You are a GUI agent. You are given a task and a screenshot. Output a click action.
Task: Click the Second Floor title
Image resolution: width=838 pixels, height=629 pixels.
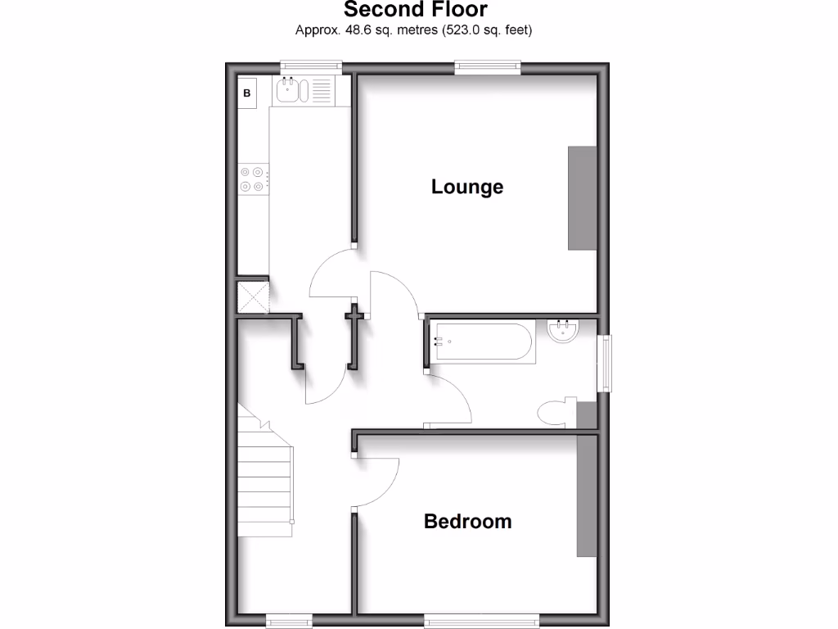tap(415, 10)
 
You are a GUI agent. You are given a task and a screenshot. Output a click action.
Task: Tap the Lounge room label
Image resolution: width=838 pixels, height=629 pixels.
tap(467, 187)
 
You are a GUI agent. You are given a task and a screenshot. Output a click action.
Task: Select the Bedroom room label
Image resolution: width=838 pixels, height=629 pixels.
tap(467, 521)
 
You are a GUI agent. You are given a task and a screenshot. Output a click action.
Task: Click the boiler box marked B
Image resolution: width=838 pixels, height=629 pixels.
tap(246, 93)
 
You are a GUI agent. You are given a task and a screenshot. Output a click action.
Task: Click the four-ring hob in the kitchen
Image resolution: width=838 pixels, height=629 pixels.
tap(252, 179)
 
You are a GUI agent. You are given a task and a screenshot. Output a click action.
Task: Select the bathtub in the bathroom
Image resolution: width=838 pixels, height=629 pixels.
tap(484, 342)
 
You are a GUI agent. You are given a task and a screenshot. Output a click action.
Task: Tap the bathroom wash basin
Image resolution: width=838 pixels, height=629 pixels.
tap(563, 332)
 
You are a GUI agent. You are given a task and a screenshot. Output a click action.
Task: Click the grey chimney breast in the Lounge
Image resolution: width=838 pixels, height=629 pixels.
tap(582, 197)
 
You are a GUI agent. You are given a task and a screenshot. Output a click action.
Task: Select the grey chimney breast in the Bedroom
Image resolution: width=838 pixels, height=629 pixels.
tap(587, 496)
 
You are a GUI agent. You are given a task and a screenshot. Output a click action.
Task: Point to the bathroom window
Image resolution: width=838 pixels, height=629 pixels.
tap(605, 363)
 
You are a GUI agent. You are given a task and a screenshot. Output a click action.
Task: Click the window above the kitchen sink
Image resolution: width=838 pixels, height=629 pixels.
tap(310, 66)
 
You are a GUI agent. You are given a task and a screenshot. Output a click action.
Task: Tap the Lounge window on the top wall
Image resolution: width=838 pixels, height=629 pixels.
tap(488, 66)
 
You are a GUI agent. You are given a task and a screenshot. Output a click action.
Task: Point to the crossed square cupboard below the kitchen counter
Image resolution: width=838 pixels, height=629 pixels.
tap(253, 296)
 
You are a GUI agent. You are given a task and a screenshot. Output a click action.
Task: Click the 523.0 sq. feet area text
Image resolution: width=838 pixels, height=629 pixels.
tap(487, 31)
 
